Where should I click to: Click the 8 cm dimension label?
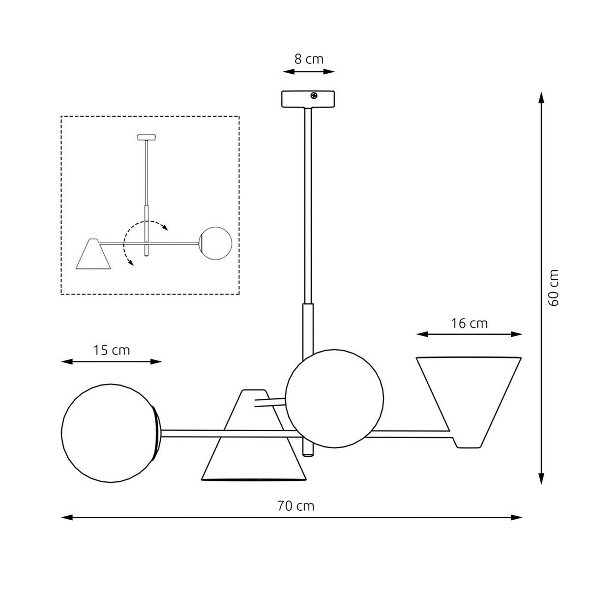[309, 59]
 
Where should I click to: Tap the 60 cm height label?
[554, 288]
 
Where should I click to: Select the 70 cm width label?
[295, 505]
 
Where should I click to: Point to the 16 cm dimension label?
[469, 323]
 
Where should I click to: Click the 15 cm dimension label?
[112, 350]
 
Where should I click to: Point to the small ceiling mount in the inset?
[146, 137]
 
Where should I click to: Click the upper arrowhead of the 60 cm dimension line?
[541, 97]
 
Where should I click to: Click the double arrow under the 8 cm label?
[309, 72]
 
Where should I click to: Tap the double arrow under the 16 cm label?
[469, 334]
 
